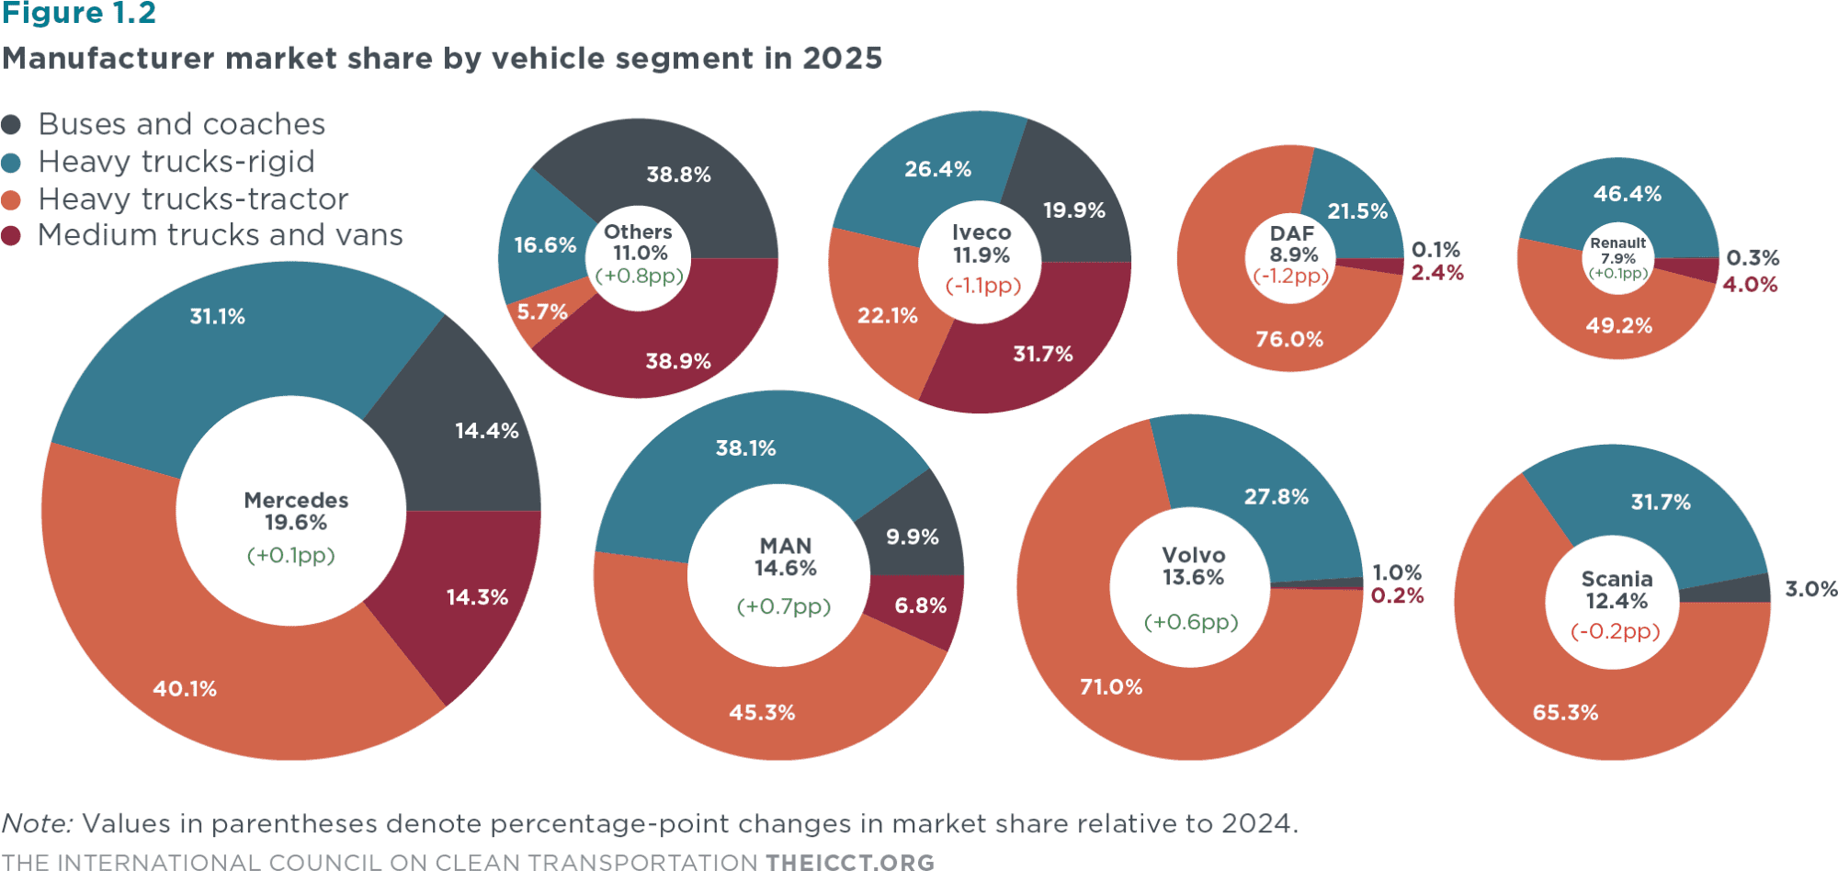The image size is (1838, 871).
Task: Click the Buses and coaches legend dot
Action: pos(11,124)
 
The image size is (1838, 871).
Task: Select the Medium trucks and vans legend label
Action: pos(221,235)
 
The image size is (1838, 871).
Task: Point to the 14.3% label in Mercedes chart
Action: pos(477,597)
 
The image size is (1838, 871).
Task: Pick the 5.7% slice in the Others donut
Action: pos(542,313)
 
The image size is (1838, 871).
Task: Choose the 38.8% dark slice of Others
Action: pos(678,175)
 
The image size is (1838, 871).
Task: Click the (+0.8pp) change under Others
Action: pos(640,276)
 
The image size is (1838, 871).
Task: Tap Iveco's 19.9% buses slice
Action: pos(1073,210)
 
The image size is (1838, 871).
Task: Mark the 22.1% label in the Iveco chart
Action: pos(887,316)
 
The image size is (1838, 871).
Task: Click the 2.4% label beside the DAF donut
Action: pos(1437,273)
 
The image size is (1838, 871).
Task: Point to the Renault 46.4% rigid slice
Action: pos(1627,195)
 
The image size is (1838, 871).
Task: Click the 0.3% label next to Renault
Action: pos(1753,258)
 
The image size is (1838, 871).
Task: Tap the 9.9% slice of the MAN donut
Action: pos(912,537)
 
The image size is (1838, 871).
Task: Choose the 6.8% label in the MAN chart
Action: pos(920,605)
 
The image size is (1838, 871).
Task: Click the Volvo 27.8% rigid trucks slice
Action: pos(1276,497)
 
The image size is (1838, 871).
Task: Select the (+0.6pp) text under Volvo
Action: pos(1191,622)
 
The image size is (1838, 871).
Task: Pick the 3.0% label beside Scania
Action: pos(1810,589)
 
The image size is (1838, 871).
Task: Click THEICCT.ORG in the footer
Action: pos(850,862)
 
